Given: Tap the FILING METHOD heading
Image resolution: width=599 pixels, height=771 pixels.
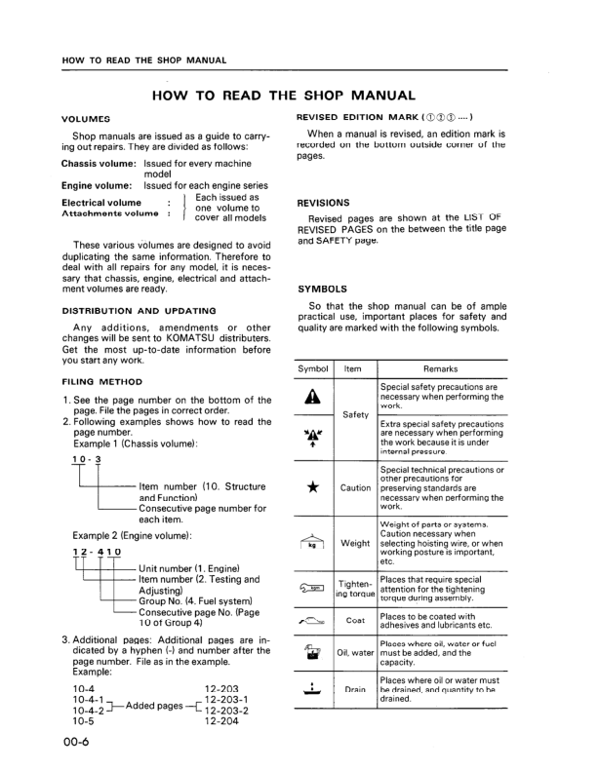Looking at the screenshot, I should pyautogui.click(x=101, y=382).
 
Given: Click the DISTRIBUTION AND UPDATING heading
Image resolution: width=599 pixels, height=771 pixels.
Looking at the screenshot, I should pyautogui.click(x=138, y=310).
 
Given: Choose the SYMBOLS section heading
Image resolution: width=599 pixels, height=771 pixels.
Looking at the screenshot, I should pyautogui.click(x=320, y=289).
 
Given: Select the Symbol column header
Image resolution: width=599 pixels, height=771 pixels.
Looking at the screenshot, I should pyautogui.click(x=314, y=369).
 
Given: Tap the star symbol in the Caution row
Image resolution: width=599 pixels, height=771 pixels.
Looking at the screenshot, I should pyautogui.click(x=314, y=487).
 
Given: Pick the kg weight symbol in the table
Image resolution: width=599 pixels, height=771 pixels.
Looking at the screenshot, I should pyautogui.click(x=314, y=541).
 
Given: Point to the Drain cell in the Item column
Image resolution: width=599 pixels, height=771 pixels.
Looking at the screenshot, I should pyautogui.click(x=355, y=690).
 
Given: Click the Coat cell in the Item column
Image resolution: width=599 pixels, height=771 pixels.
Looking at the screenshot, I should pyautogui.click(x=355, y=618).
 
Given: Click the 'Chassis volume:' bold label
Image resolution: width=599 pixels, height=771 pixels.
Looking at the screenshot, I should pyautogui.click(x=99, y=164).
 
